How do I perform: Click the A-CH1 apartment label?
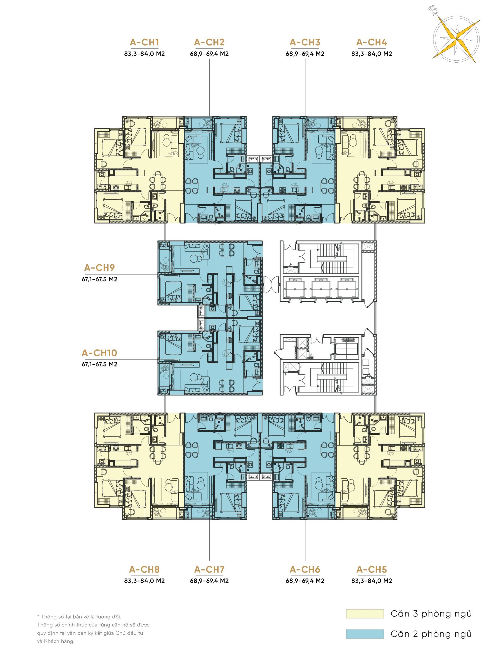coord(144,42)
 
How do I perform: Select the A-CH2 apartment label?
coord(209,42)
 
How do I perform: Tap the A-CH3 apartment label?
coord(305,42)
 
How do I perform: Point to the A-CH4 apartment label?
coord(371,42)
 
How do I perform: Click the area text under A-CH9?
coord(100,279)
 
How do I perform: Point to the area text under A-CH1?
coord(144,54)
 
